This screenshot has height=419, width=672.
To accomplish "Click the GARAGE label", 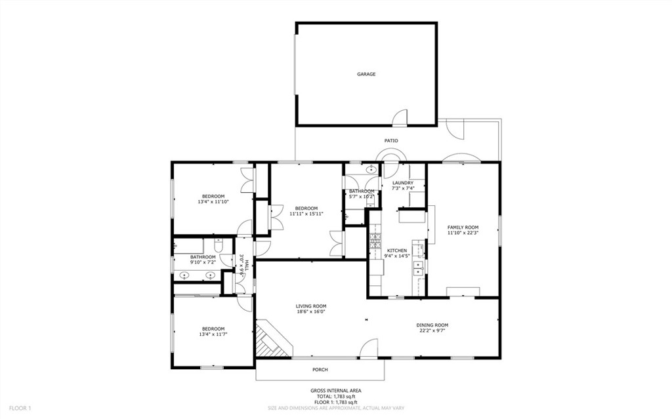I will click(366, 74).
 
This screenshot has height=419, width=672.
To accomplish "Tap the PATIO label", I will click(391, 140).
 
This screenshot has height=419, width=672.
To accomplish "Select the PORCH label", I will click(320, 370).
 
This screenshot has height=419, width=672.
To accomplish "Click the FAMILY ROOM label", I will click(463, 227).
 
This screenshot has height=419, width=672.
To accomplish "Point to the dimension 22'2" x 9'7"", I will click(432, 331).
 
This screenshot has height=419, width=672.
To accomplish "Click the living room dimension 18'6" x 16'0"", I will click(311, 311).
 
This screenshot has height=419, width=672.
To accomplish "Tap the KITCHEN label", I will click(396, 250).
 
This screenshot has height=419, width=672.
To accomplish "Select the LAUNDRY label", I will click(402, 183).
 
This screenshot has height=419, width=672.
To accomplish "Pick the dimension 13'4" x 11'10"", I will click(213, 202).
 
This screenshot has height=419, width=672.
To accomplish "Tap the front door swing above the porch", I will click(369, 348).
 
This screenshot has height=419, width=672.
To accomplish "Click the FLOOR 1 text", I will click(20, 408).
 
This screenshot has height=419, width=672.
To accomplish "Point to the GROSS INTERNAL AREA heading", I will click(335, 391).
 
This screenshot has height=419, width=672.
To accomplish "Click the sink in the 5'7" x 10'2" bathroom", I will click(371, 170).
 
